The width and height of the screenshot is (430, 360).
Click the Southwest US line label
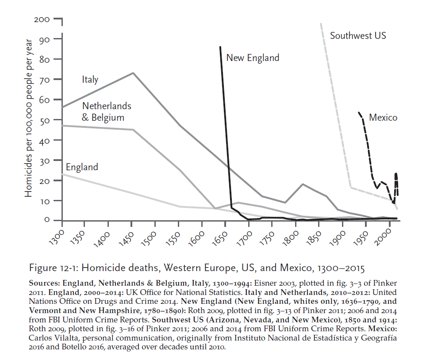(x=357, y=35)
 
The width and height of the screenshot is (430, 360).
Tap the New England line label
(x=253, y=57)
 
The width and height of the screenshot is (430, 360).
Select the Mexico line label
(x=383, y=118)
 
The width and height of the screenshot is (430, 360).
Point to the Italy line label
(x=90, y=80)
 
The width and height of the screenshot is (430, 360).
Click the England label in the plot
(x=82, y=167)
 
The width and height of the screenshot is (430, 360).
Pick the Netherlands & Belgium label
(x=107, y=112)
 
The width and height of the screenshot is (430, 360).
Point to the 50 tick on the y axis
(x=45, y=120)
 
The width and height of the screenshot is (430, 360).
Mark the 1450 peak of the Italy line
(x=133, y=73)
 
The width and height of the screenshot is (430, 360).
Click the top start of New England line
(x=220, y=47)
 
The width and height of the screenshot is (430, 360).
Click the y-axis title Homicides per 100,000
(x=28, y=118)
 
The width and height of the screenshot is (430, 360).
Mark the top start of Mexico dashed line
(x=359, y=112)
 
